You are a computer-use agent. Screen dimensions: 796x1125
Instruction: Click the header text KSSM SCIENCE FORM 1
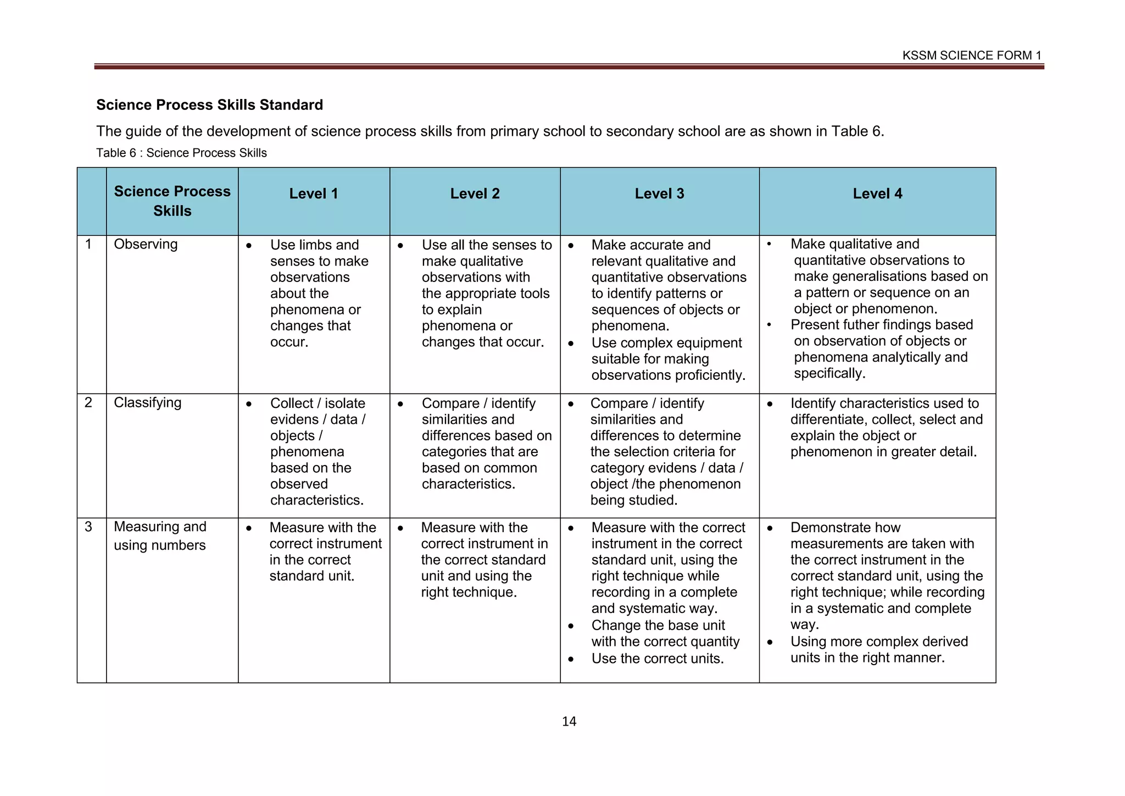tap(971, 56)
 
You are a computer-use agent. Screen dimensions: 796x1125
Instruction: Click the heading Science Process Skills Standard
tap(209, 105)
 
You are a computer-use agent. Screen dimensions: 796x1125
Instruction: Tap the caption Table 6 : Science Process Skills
tap(181, 153)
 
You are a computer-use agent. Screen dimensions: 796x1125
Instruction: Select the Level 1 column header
tap(314, 194)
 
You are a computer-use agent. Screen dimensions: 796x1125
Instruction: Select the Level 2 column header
tap(475, 194)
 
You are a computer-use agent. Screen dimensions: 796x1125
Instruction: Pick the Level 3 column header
tap(659, 194)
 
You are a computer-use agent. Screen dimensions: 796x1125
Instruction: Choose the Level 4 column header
tap(877, 194)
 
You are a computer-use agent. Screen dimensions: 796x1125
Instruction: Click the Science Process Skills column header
tap(172, 201)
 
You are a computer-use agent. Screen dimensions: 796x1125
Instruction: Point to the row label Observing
tap(146, 244)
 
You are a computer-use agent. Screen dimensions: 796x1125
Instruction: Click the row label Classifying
tap(147, 402)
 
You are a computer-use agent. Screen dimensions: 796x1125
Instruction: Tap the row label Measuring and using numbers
tap(160, 536)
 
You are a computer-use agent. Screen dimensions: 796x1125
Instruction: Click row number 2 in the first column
tap(88, 402)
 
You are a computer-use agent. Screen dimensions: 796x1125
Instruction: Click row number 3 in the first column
tap(88, 527)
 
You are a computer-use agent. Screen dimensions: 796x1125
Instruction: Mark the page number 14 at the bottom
tap(569, 722)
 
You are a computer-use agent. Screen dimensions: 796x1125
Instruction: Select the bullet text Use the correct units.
tap(657, 659)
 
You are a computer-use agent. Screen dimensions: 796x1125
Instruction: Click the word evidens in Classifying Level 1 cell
tap(294, 419)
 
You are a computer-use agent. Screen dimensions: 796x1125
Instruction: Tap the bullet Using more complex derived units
tap(878, 650)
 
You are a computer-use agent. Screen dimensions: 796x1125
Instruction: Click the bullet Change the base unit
tap(658, 626)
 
